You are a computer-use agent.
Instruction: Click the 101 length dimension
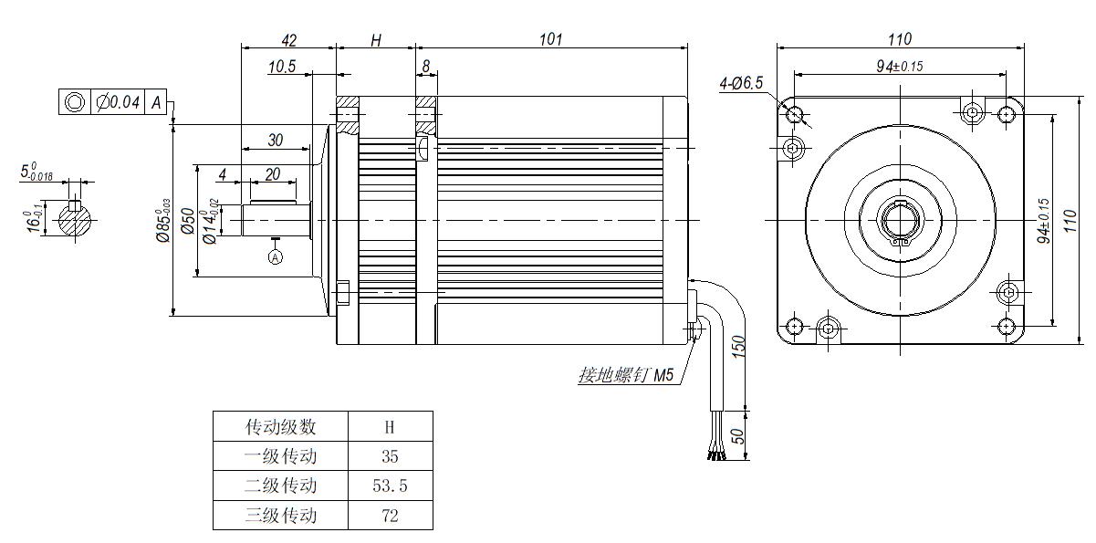click(550, 39)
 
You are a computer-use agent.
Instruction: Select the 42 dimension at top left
click(288, 40)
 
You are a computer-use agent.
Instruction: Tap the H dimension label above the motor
click(375, 40)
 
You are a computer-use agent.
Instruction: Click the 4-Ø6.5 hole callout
click(741, 83)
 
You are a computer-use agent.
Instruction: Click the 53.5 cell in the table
click(390, 486)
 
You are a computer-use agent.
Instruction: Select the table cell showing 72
click(390, 516)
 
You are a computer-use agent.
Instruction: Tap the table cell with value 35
click(390, 455)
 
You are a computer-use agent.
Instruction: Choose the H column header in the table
click(390, 425)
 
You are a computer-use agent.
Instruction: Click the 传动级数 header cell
click(280, 425)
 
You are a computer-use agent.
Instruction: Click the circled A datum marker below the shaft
click(276, 257)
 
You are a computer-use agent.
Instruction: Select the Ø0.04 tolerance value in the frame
click(118, 101)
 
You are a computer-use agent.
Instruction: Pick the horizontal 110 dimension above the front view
click(900, 39)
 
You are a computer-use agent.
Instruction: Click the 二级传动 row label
click(280, 486)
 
